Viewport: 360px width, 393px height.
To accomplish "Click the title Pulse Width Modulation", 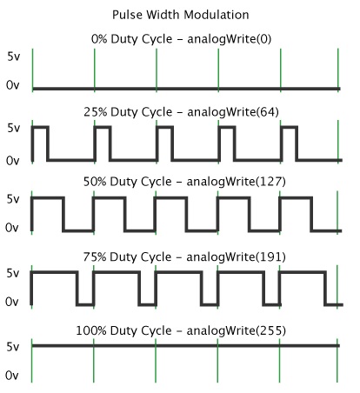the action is coord(180,15).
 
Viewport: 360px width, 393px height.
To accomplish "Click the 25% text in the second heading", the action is coord(96,112).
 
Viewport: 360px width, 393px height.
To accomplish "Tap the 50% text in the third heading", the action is coord(95,182).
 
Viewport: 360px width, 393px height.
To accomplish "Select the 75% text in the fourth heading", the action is coord(95,256).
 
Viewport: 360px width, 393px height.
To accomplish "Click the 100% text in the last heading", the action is coord(91,330).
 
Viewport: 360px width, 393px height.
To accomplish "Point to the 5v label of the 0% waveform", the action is coord(13,57).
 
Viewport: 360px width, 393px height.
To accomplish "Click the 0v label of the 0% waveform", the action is coord(12,85).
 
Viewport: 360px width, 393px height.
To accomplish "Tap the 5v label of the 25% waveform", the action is coord(13,128).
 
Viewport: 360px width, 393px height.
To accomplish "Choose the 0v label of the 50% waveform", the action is coord(12,228).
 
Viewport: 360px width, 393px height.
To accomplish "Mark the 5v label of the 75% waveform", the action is coord(12,273).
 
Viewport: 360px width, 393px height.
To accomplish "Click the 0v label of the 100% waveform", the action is coord(12,376).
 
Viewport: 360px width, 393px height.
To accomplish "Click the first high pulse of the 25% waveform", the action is coord(40,127).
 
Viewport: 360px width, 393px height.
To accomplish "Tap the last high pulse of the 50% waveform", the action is coord(296,198).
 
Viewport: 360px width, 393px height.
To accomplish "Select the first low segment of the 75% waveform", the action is coord(85,304).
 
